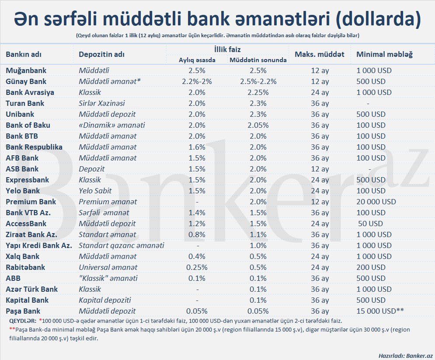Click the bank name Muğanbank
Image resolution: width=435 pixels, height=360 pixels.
(x=26, y=70)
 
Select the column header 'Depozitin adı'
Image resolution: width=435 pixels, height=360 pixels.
(x=101, y=54)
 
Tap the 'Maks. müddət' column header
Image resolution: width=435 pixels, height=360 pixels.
(x=320, y=54)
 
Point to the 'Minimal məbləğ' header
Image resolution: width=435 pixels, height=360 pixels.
(x=384, y=54)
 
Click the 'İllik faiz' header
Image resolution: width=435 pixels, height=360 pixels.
(x=227, y=50)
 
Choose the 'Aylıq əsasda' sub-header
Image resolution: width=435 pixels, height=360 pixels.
(x=197, y=60)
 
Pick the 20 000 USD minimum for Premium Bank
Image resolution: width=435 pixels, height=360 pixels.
(x=376, y=202)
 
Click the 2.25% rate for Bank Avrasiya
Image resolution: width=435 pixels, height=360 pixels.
(x=258, y=92)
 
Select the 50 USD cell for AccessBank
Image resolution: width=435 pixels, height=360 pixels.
(x=370, y=224)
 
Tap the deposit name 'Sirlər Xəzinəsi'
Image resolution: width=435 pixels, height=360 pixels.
(x=102, y=103)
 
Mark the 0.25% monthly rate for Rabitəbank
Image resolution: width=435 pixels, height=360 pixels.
(x=197, y=267)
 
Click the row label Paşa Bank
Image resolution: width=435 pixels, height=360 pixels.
(x=23, y=311)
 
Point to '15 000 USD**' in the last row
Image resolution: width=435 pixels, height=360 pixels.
(x=380, y=311)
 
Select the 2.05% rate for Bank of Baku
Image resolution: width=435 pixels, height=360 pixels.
(x=258, y=125)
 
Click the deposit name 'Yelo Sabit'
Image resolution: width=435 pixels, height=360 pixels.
(x=95, y=191)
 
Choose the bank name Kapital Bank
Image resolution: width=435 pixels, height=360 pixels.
(x=27, y=300)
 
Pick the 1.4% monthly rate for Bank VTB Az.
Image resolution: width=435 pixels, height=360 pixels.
(x=197, y=213)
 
